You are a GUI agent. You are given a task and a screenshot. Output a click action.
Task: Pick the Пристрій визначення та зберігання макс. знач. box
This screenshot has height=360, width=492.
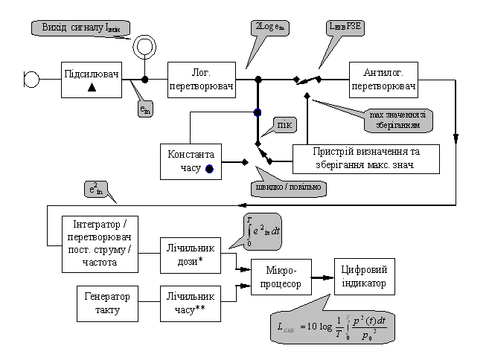[365, 158]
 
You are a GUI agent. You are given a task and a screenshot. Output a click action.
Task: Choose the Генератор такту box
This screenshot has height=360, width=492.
[109, 302]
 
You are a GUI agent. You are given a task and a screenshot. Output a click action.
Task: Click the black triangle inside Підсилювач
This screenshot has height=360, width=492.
[91, 87]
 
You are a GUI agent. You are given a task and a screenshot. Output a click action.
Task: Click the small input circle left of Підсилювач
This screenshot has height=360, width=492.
[33, 77]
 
